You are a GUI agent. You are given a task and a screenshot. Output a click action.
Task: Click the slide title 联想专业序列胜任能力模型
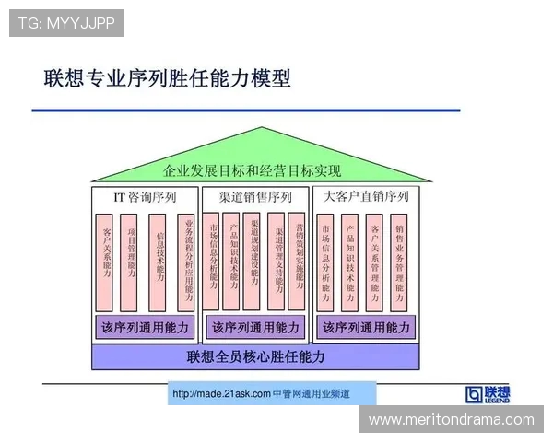(x=167, y=77)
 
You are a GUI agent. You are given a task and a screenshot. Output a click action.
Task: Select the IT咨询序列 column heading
(x=145, y=196)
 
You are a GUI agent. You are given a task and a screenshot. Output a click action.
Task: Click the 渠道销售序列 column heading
(x=255, y=196)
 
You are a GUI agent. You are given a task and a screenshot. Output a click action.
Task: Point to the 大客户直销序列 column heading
(x=365, y=196)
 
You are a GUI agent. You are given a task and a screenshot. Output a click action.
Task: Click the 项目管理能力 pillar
(x=133, y=261)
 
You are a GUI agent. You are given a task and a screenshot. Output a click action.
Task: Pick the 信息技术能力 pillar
(x=159, y=261)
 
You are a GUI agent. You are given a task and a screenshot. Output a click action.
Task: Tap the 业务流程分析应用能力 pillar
(x=187, y=261)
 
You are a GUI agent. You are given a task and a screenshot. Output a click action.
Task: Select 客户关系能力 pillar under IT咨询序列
(x=107, y=261)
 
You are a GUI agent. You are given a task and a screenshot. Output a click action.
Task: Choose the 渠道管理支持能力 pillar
(x=276, y=261)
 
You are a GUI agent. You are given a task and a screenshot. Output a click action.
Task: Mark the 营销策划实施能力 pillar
(x=300, y=261)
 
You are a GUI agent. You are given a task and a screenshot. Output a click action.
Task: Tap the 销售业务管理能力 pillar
(x=400, y=261)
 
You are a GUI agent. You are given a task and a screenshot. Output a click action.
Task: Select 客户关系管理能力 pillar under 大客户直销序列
(x=375, y=261)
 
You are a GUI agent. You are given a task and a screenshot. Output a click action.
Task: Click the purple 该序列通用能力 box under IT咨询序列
(x=145, y=327)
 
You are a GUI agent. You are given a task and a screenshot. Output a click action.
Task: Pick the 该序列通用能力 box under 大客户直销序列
(x=366, y=327)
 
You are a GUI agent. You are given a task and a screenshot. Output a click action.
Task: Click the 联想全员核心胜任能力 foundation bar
(x=255, y=355)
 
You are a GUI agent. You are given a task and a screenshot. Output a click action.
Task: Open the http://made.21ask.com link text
(x=221, y=394)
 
